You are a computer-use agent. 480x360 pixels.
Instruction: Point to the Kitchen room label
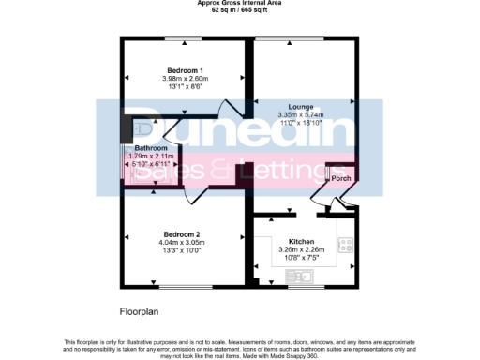[301, 241]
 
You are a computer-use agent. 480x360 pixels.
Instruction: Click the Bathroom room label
[151, 148]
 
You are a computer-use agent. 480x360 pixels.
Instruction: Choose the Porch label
[340, 178]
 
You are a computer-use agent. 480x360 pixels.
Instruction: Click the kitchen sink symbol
[305, 276]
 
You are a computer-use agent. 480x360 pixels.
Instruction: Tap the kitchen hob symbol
[345, 245]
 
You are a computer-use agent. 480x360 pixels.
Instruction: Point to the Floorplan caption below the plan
[141, 309]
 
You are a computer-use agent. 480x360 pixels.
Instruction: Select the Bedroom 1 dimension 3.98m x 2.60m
[185, 79]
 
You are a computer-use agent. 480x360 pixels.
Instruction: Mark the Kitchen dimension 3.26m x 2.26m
[301, 248]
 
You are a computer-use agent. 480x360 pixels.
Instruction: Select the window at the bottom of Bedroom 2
[183, 286]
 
